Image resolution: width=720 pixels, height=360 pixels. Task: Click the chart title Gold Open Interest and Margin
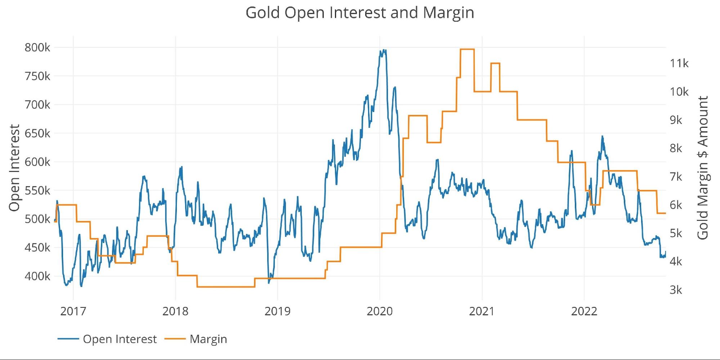click(x=360, y=13)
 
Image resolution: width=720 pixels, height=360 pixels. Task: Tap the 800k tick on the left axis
click(x=37, y=48)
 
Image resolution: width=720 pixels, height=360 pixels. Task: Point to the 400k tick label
click(x=37, y=276)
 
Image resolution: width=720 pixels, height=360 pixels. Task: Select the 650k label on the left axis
click(x=37, y=134)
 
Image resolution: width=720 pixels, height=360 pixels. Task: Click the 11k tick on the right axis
click(x=679, y=63)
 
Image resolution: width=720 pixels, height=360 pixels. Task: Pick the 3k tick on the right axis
click(x=676, y=290)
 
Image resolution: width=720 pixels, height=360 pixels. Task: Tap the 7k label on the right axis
click(x=676, y=177)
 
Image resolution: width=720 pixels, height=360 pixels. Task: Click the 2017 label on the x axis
click(x=73, y=311)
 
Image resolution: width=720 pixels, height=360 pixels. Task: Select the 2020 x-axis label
click(x=380, y=311)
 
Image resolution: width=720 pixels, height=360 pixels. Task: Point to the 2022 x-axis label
click(x=584, y=311)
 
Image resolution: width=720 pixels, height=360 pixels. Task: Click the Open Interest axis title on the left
click(x=14, y=168)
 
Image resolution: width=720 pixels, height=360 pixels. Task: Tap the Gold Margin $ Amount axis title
click(x=703, y=168)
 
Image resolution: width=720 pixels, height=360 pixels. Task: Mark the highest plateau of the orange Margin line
click(x=467, y=49)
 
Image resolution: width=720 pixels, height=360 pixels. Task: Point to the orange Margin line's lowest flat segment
click(x=226, y=287)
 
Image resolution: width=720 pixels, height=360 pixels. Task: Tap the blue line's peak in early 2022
click(x=602, y=136)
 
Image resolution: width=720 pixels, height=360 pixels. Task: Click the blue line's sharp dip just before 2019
click(x=269, y=283)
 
